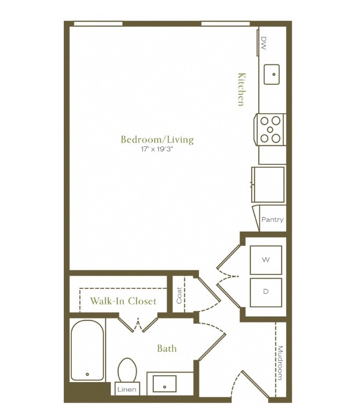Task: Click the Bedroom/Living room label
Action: (x=157, y=140)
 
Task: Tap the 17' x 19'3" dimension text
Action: (x=157, y=150)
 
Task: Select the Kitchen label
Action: (x=242, y=89)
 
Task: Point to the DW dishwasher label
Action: (x=264, y=43)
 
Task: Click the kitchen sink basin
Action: (x=272, y=74)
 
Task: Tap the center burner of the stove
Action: (x=271, y=130)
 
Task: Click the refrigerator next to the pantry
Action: (x=268, y=184)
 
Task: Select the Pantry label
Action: (x=273, y=219)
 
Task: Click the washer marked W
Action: (x=266, y=260)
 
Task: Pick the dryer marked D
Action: (x=266, y=292)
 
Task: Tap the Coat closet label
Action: (x=179, y=295)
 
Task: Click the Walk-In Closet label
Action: (x=123, y=301)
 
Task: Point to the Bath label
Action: (x=167, y=348)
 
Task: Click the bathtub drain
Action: (x=87, y=374)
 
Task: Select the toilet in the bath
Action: (x=127, y=370)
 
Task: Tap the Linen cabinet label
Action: (x=127, y=389)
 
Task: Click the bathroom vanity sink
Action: (x=164, y=384)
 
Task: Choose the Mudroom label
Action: (x=280, y=363)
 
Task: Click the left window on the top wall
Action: (x=98, y=24)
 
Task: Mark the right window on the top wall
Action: (x=226, y=24)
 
